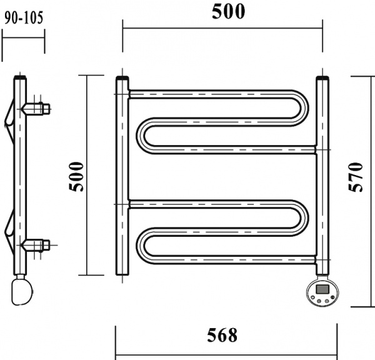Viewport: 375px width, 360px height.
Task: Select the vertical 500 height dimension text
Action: tap(76, 177)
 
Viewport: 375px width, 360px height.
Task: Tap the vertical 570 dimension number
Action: tap(356, 177)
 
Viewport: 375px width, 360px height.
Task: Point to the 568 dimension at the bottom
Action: tap(222, 336)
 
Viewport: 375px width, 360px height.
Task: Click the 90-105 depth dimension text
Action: tap(24, 17)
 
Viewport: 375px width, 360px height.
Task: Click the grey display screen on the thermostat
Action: tap(323, 289)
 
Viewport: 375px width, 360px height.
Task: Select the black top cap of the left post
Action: tap(122, 79)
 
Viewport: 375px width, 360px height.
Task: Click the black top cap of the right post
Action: tap(322, 79)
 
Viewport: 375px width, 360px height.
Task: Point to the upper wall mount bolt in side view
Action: tap(37, 108)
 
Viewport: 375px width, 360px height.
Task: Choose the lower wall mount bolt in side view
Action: tap(37, 244)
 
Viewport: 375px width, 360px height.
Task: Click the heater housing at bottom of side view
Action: tap(23, 291)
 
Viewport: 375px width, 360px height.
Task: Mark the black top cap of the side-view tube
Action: tap(21, 79)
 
